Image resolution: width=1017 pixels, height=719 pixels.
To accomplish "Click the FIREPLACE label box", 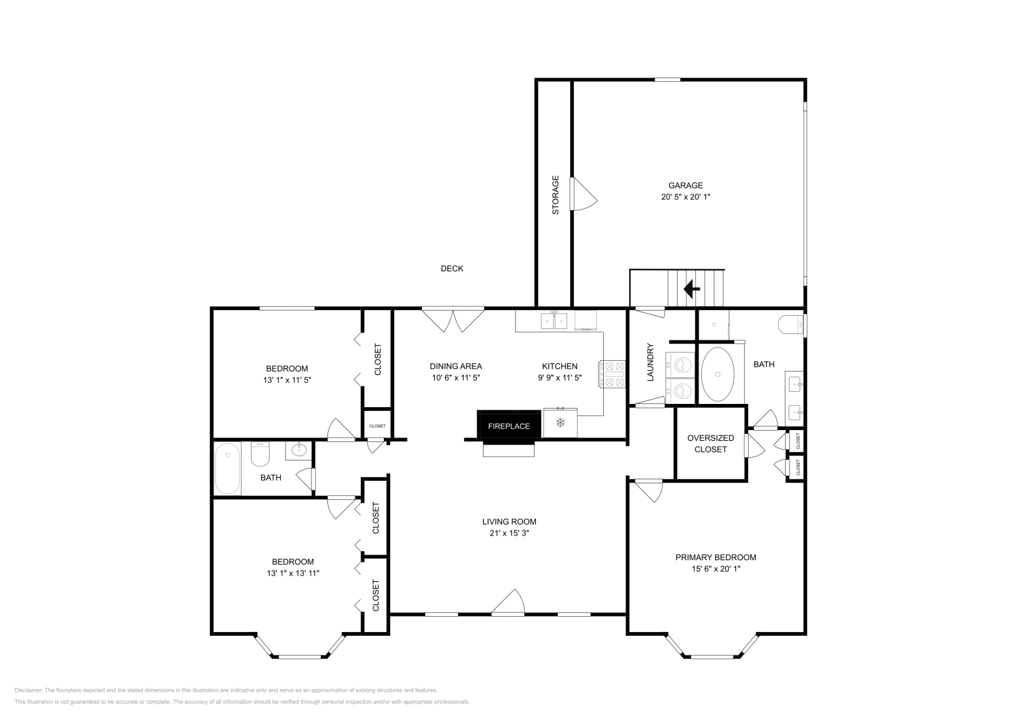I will pyautogui.click(x=508, y=426).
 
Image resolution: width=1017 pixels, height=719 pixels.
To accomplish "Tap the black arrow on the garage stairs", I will pyautogui.click(x=692, y=290).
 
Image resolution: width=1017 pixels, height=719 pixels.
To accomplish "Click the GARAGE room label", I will pyautogui.click(x=685, y=185).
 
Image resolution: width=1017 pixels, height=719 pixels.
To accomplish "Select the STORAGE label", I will pyautogui.click(x=555, y=194).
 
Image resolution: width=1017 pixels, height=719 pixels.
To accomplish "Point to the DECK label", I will pyautogui.click(x=452, y=269).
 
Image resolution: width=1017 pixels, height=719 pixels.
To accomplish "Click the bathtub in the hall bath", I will pyautogui.click(x=227, y=469).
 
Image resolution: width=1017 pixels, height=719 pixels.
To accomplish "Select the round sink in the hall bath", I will pyautogui.click(x=298, y=451).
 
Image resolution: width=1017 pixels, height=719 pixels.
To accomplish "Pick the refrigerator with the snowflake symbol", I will pyautogui.click(x=560, y=423).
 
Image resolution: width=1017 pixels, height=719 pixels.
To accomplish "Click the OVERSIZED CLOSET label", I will pyautogui.click(x=710, y=443).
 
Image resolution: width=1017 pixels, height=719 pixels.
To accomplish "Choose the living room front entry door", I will pyautogui.click(x=508, y=604).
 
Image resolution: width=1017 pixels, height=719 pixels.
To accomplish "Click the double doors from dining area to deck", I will pyautogui.click(x=453, y=319).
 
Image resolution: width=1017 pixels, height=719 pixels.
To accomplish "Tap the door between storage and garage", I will pyautogui.click(x=583, y=194).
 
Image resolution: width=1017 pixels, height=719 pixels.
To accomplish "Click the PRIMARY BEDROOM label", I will pyautogui.click(x=715, y=557).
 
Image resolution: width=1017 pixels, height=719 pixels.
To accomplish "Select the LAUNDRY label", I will pyautogui.click(x=650, y=363).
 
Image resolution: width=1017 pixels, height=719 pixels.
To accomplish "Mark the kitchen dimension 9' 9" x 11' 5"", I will pyautogui.click(x=559, y=377).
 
